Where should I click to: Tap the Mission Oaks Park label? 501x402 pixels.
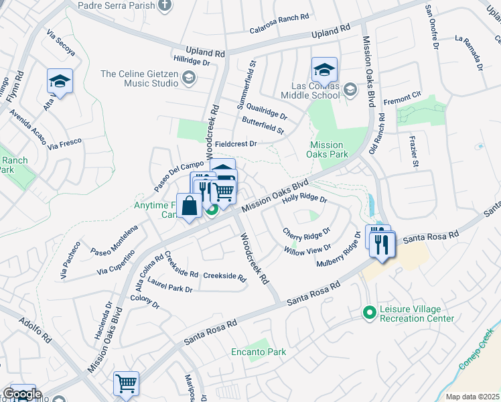click(x=327, y=149)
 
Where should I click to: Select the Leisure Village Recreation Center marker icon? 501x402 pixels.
click(x=368, y=313)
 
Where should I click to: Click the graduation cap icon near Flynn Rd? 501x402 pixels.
click(x=60, y=82)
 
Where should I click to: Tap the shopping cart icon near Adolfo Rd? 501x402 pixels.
click(x=126, y=383)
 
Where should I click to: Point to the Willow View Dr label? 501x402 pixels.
click(x=307, y=251)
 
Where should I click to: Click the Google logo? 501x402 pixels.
click(x=22, y=394)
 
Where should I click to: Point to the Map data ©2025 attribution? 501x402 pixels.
click(x=472, y=397)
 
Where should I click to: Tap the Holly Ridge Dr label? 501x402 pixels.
click(x=304, y=198)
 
